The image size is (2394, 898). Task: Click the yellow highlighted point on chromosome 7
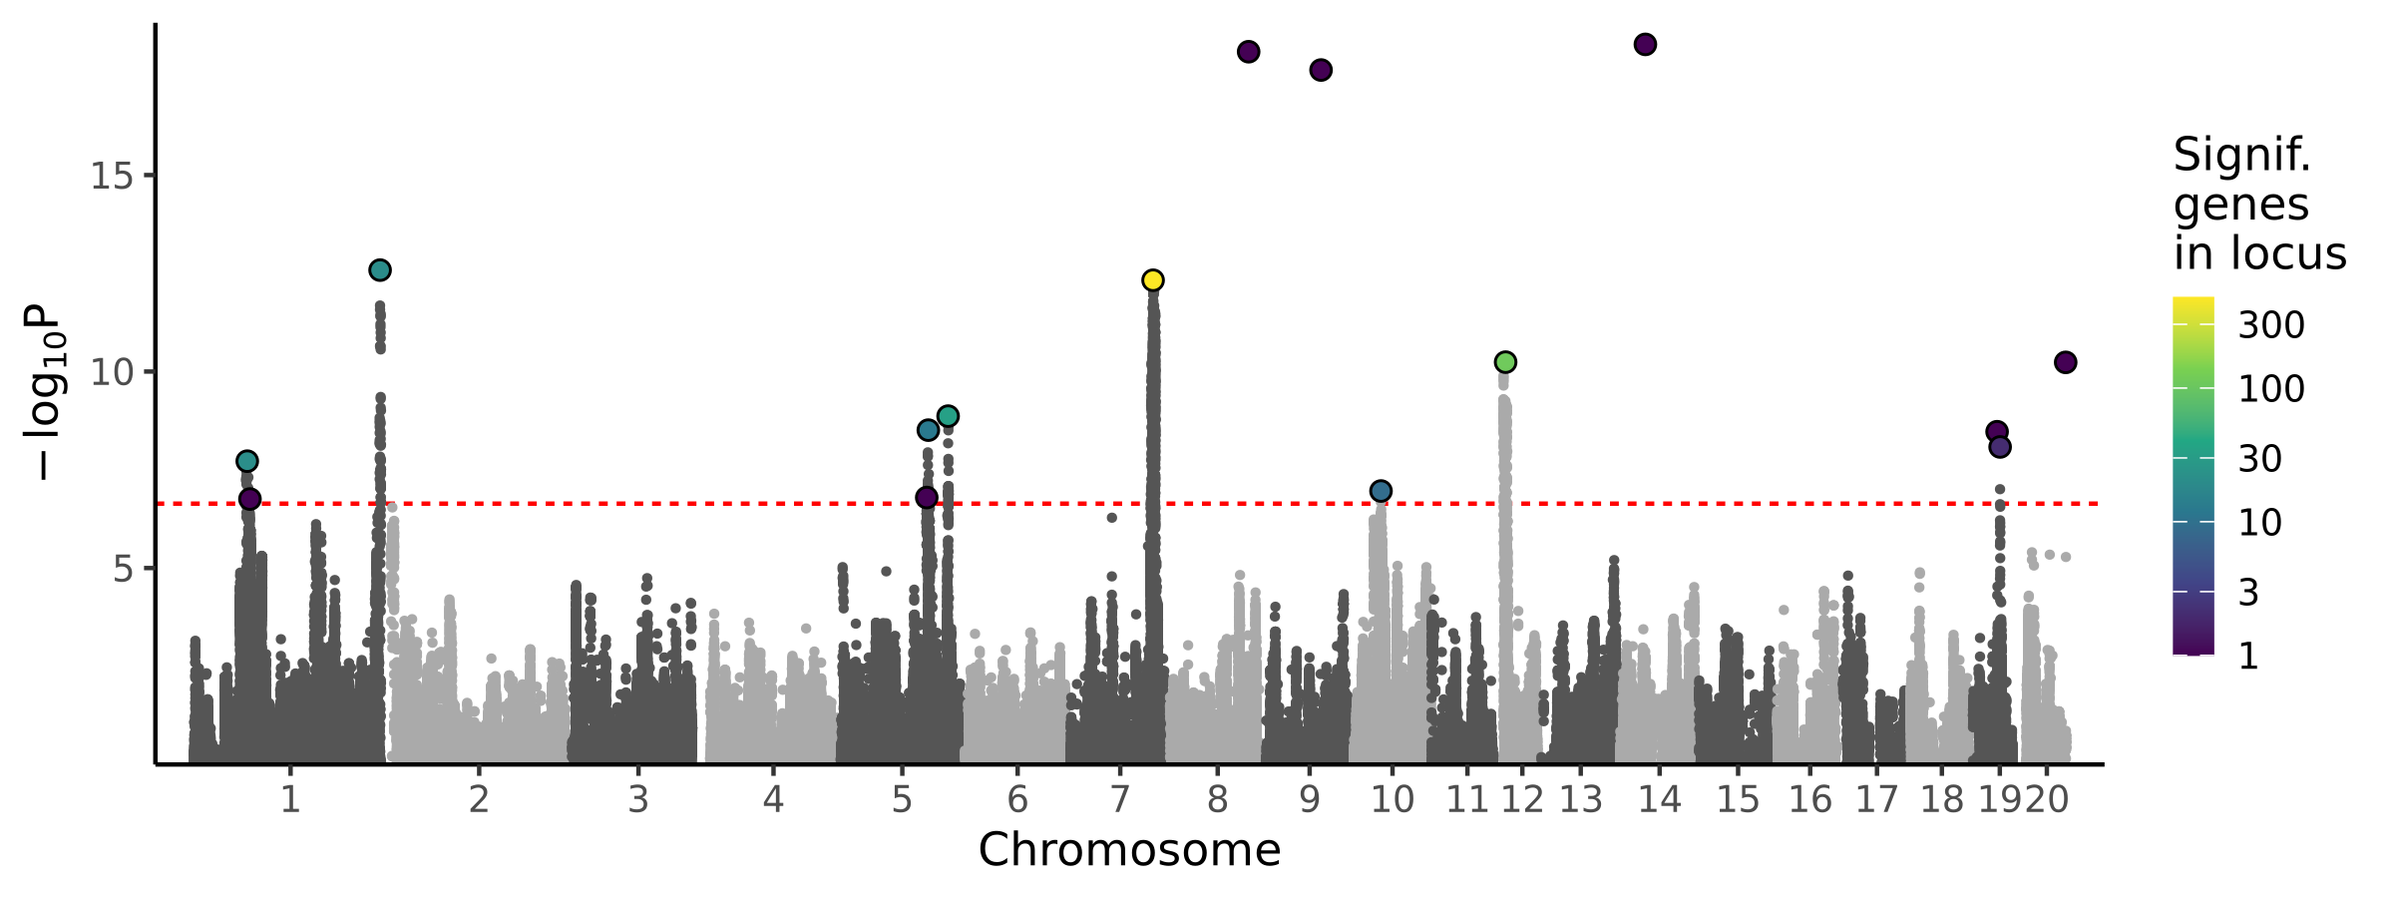[1152, 280]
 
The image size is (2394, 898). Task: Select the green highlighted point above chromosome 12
[1506, 361]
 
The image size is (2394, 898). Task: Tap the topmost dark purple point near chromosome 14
[1645, 44]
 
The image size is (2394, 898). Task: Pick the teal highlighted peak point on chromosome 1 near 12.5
[380, 270]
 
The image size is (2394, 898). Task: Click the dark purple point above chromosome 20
[2066, 362]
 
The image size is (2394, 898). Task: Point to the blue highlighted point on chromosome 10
[1381, 491]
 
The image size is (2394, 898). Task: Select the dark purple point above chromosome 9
[1321, 70]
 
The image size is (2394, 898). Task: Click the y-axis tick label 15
[111, 177]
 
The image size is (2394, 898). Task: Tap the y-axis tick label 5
[123, 570]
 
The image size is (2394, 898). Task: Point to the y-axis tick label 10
[111, 373]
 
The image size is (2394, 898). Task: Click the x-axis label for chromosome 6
[1016, 799]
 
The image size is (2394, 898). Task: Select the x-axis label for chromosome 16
[1810, 799]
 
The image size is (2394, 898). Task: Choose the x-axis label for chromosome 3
[638, 799]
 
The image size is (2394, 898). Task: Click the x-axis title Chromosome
[1129, 850]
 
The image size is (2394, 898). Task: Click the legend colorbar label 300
[2271, 325]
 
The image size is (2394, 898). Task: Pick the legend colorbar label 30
[2260, 459]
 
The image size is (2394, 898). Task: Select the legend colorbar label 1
[2248, 657]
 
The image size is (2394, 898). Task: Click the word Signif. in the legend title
[2241, 156]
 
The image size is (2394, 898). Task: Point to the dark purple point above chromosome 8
[1248, 52]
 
